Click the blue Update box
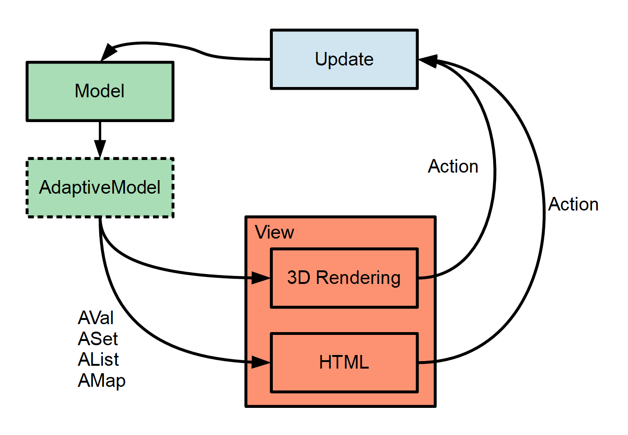[x=344, y=59]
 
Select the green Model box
[x=100, y=91]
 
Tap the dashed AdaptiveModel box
[x=100, y=188]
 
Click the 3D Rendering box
[x=344, y=278]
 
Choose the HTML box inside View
[x=344, y=362]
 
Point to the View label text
[x=274, y=232]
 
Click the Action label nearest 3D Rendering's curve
[x=453, y=167]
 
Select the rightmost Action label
[x=573, y=204]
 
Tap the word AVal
[x=95, y=318]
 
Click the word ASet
[x=98, y=339]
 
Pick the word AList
[x=98, y=360]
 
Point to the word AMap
[x=102, y=381]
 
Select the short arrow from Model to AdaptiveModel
[x=100, y=138]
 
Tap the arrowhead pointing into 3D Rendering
[x=261, y=278]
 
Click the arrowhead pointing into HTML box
[x=261, y=362]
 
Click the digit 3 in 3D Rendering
[x=292, y=278]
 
